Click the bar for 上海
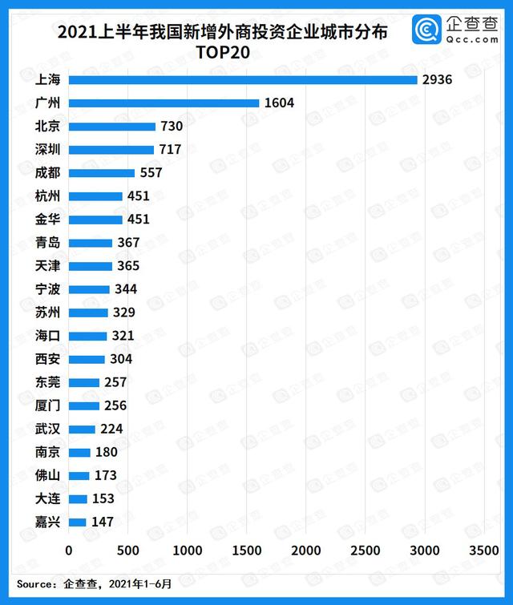[243, 79]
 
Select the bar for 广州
[164, 103]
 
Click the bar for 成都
[102, 172]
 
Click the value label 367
[127, 242]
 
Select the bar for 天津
[91, 265]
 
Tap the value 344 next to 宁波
[125, 288]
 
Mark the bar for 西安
[87, 359]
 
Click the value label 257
[115, 382]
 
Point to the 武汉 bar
[82, 429]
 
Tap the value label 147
[102, 522]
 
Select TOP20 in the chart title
[221, 53]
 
